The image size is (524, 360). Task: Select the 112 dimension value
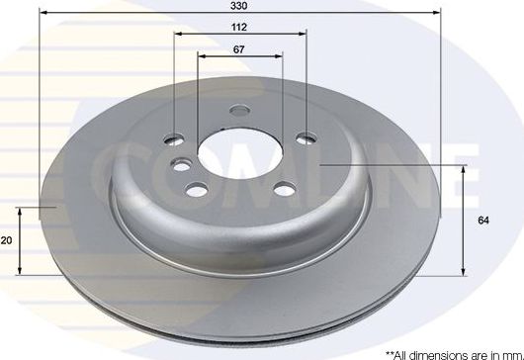pos(239,28)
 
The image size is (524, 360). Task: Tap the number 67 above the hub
pos(239,49)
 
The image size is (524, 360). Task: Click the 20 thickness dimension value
pos(7,239)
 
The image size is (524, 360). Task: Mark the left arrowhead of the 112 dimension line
pos(178,35)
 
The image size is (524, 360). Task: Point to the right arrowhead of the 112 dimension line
pos(302,35)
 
